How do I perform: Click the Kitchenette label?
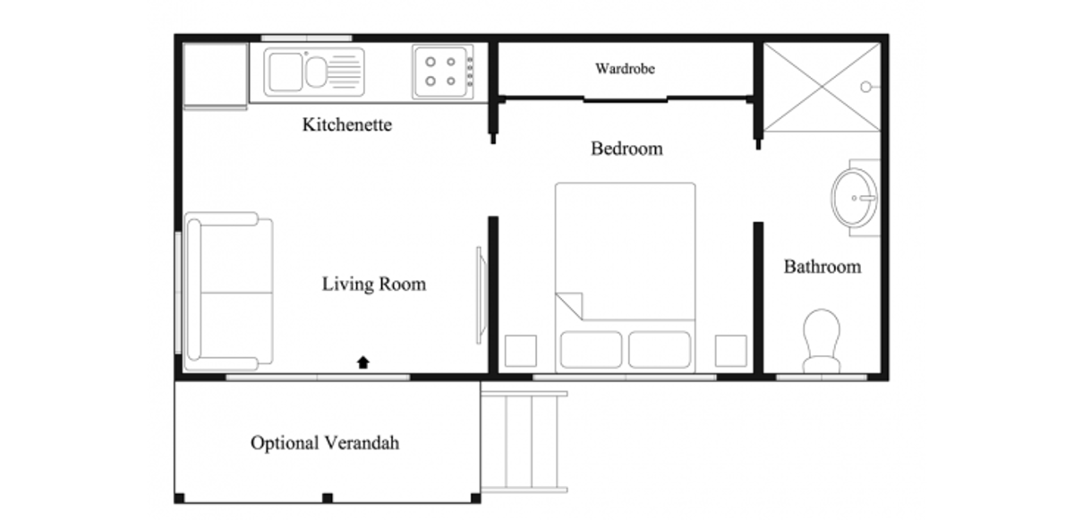tap(347, 124)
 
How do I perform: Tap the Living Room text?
tap(374, 284)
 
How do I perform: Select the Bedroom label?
tap(626, 149)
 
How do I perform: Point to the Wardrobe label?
tap(625, 69)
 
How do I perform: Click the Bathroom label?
tap(823, 267)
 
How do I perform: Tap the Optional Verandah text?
tap(325, 443)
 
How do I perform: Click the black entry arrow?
tap(363, 362)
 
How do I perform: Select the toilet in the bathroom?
tap(822, 341)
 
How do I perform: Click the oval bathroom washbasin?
tap(855, 198)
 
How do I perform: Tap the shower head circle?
tap(866, 87)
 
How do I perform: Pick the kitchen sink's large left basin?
tap(286, 72)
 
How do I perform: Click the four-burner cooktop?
tap(443, 72)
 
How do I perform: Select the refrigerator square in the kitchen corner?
tap(216, 74)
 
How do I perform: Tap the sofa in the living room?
tap(229, 292)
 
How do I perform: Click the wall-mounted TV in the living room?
tap(480, 295)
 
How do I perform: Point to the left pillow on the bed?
tap(592, 349)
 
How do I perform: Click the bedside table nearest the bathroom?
tap(730, 351)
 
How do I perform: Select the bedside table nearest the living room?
tap(521, 351)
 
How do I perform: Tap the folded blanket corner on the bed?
tap(569, 306)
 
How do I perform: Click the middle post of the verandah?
tap(328, 498)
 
